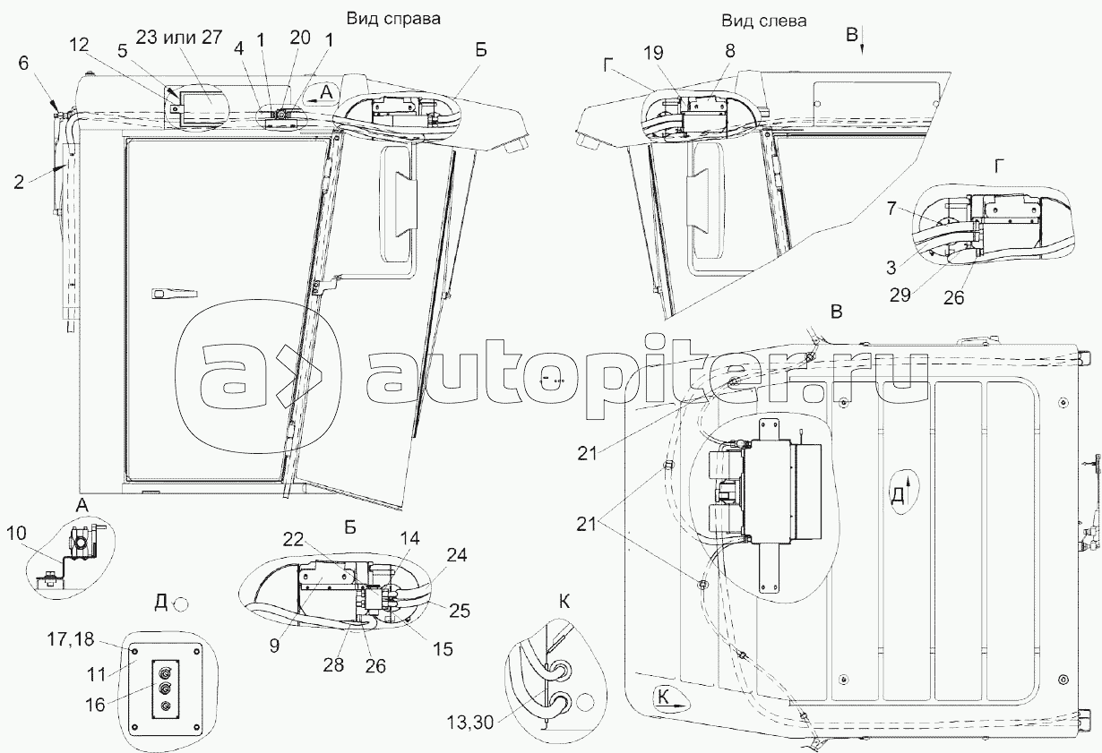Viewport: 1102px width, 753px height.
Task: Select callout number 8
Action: [x=730, y=51]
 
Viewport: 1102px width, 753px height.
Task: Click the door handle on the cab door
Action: [x=169, y=293]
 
